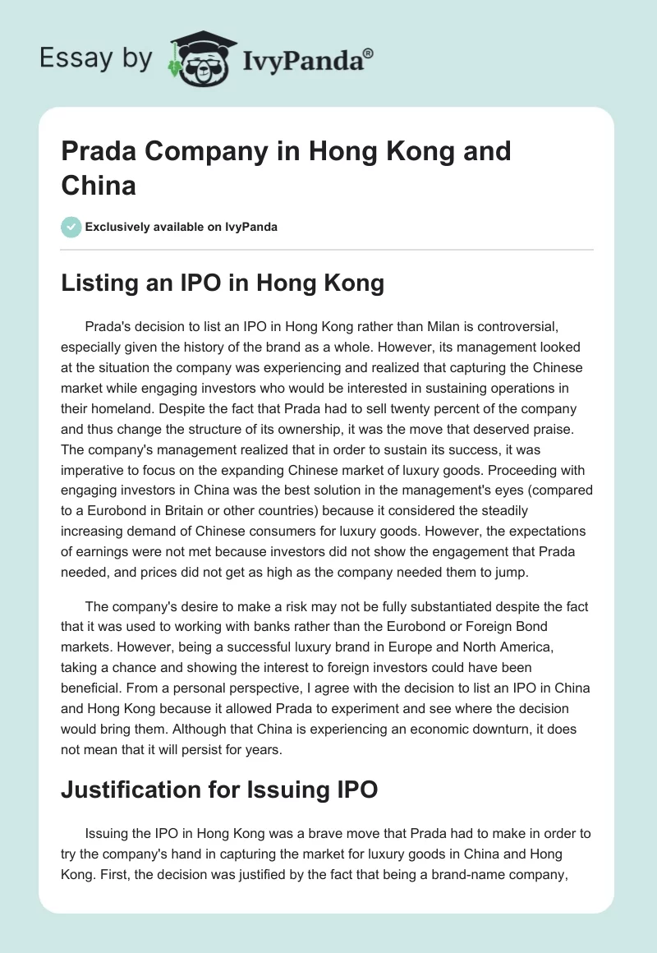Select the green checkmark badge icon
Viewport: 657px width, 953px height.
71,226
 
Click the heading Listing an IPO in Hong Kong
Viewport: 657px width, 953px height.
223,283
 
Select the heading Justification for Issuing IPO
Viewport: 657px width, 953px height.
219,790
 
